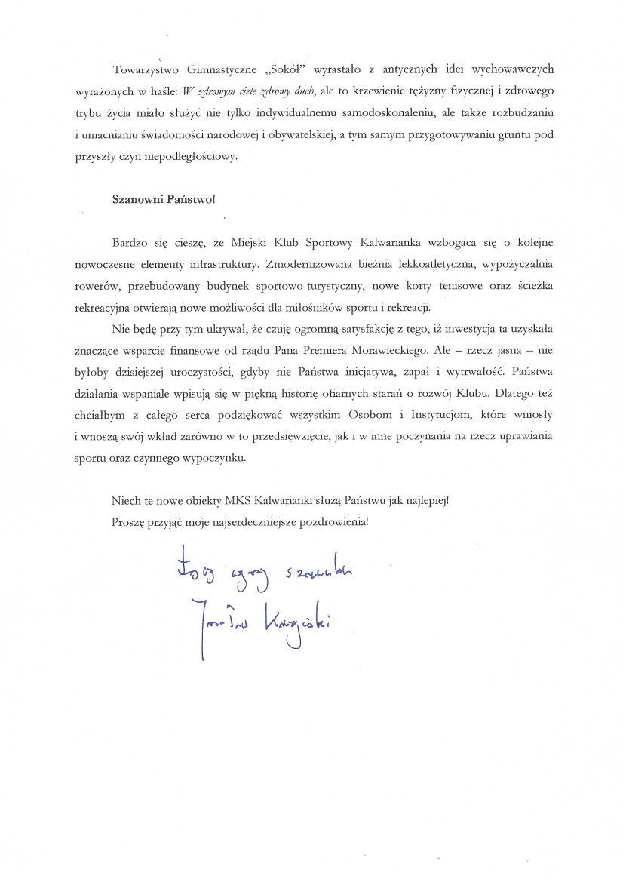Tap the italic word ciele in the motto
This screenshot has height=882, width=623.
[229, 92]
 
